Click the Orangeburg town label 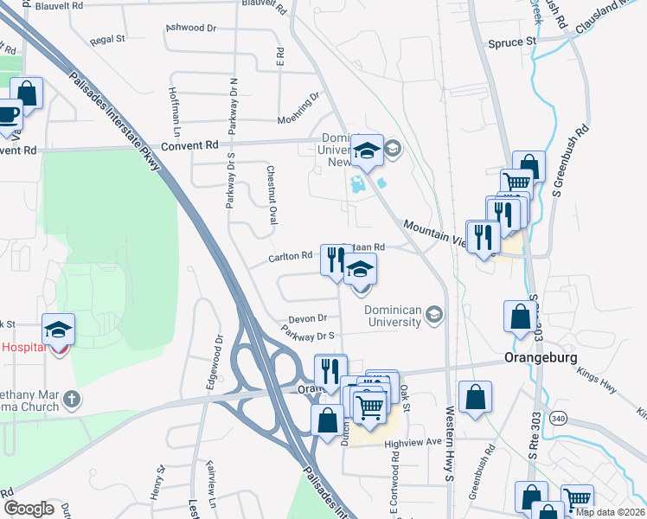(x=541, y=358)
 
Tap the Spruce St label (x=512, y=42)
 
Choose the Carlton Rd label (x=290, y=257)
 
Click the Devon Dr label (x=307, y=318)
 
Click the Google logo (x=29, y=509)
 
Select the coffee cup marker (x=7, y=116)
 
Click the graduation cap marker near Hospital (x=59, y=330)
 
